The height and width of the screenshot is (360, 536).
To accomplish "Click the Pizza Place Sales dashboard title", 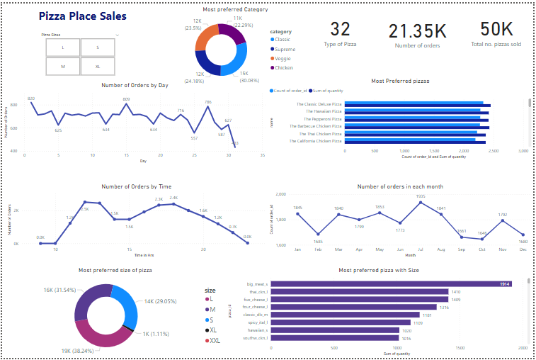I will pyautogui.click(x=82, y=16).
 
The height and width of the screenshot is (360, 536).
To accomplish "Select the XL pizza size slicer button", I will pyautogui.click(x=98, y=67).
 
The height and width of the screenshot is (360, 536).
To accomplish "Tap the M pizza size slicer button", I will pyautogui.click(x=63, y=67).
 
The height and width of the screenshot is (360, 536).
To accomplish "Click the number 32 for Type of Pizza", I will pyautogui.click(x=340, y=29).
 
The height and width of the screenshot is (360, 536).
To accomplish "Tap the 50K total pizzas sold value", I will pyautogui.click(x=496, y=29).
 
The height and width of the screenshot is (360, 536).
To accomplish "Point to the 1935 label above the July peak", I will pyautogui.click(x=421, y=196).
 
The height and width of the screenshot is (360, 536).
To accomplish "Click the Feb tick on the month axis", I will pyautogui.click(x=318, y=249).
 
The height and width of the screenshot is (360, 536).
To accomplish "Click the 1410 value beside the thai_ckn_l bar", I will pyautogui.click(x=456, y=291).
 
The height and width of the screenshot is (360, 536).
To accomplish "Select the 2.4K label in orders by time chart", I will pyautogui.click(x=173, y=198).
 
